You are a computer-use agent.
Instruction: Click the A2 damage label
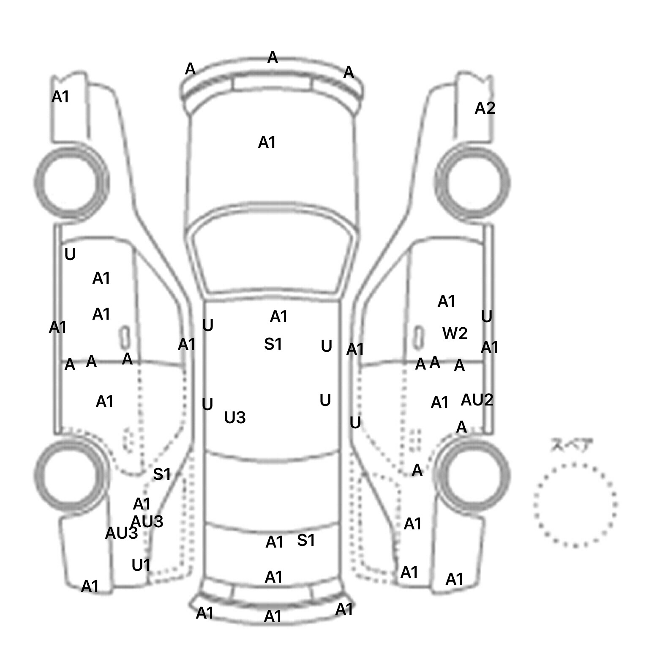pos(485,109)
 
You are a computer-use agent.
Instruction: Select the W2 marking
pos(455,334)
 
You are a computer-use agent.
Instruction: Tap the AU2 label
pos(477,400)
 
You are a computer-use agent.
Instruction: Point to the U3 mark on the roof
pos(235,418)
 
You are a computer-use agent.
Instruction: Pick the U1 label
pos(141,565)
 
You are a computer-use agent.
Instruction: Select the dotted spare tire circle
pos(575,504)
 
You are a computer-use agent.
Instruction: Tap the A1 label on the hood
pos(267,143)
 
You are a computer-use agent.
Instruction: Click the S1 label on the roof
pos(273,345)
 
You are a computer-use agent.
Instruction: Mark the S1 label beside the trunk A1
pos(306,540)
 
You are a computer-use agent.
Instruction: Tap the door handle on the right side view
pos(418,337)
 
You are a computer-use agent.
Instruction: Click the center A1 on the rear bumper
pos(273,617)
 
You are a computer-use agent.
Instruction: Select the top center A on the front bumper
pos(273,58)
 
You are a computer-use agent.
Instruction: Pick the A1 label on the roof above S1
pos(279,316)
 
